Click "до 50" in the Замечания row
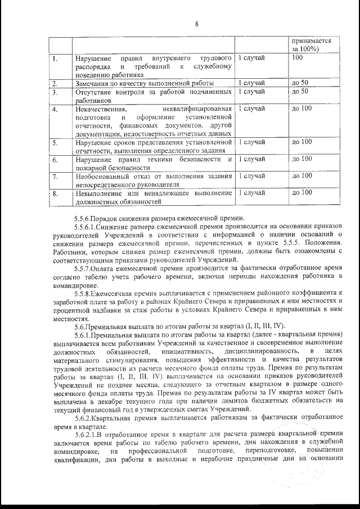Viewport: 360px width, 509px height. point(300,83)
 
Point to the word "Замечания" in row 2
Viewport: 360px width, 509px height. point(93,83)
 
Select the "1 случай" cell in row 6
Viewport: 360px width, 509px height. point(251,159)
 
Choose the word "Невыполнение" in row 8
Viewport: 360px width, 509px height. point(101,193)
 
